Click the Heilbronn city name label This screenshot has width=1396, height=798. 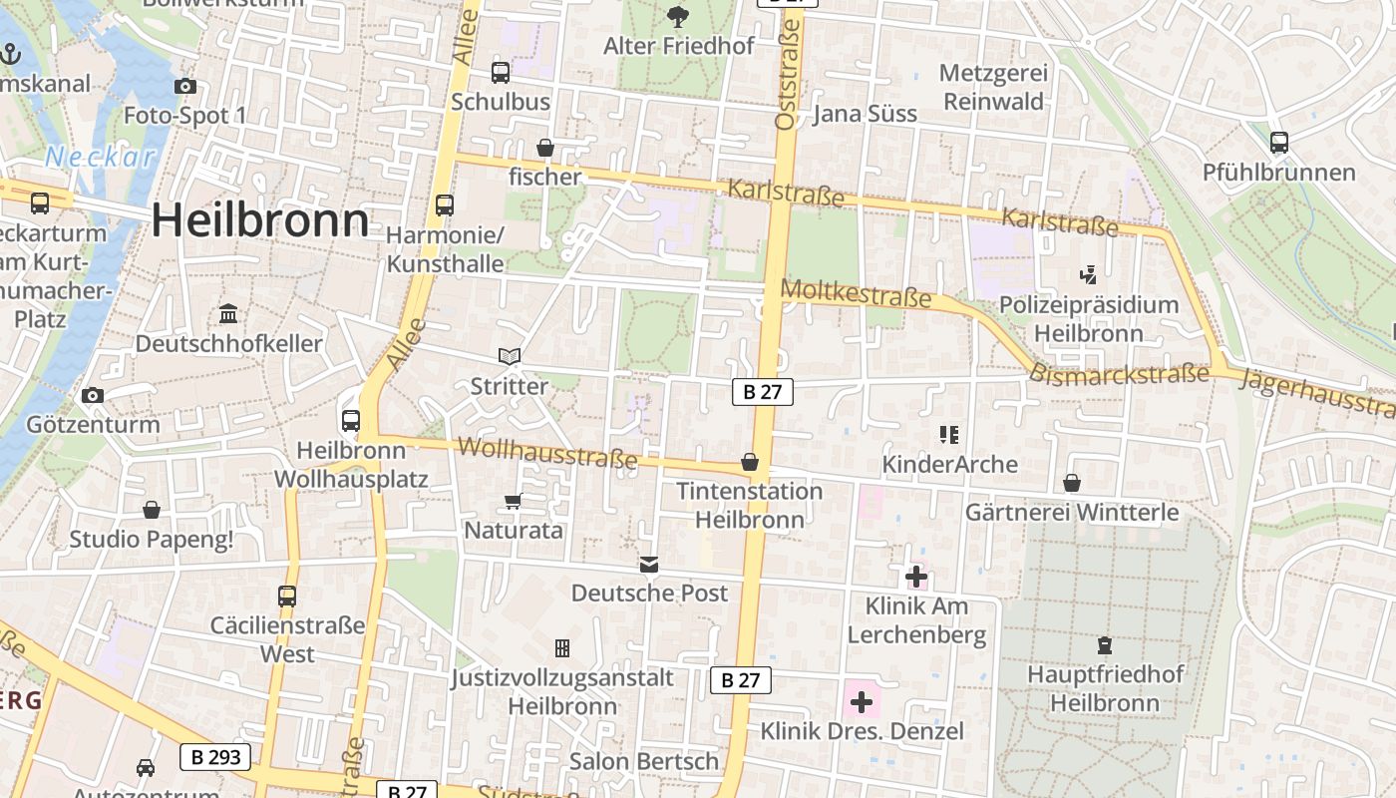pos(260,220)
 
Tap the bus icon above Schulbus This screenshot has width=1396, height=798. pos(500,73)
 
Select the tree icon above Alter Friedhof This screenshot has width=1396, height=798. pos(678,16)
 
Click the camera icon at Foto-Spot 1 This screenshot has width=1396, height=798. pos(184,87)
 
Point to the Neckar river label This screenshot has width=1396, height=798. pos(100,157)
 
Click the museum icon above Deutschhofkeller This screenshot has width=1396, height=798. pos(228,314)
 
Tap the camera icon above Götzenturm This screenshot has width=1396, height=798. pos(93,395)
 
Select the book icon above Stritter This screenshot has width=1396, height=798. pos(509,356)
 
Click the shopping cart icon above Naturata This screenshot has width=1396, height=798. pos(513,501)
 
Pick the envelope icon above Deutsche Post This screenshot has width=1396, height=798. pos(649,565)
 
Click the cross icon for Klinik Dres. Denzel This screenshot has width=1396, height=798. pos(862,702)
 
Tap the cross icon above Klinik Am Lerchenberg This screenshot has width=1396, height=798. pos(915,576)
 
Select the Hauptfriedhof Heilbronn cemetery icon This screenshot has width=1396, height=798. pos(1104,645)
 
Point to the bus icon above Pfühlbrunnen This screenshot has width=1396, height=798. pos(1278,143)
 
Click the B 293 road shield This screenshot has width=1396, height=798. pos(215,757)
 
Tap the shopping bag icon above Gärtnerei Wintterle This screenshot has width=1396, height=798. pos(1071,484)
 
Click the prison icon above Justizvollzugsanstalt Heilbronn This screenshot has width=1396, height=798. pos(562,648)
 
